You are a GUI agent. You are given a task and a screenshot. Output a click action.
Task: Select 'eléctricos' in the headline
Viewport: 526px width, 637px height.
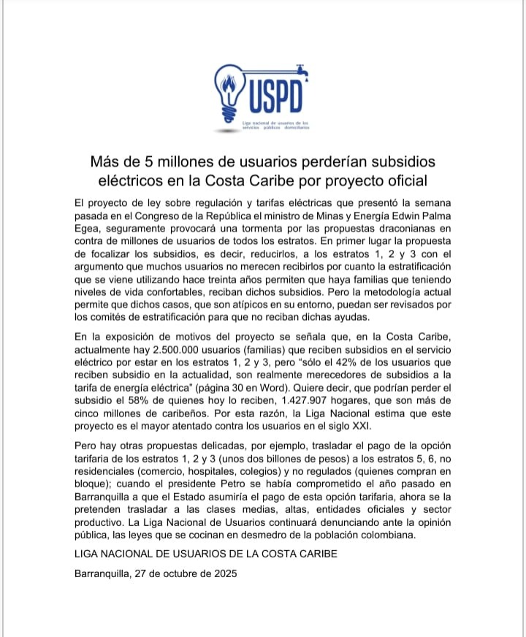pyautogui.click(x=131, y=180)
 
